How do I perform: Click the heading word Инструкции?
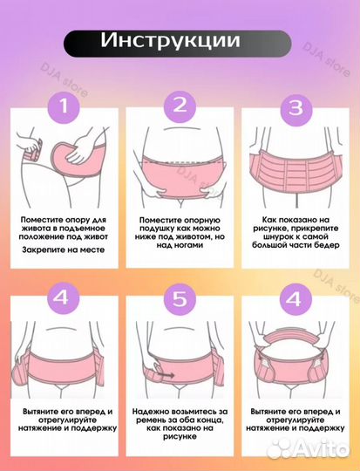pyautogui.click(x=170, y=40)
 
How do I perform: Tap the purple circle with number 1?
pyautogui.click(x=64, y=106)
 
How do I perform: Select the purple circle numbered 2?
pyautogui.click(x=180, y=106)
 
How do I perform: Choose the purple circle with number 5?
pyautogui.click(x=180, y=299)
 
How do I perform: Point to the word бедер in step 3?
pyautogui.click(x=328, y=245)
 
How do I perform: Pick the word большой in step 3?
pyautogui.click(x=269, y=245)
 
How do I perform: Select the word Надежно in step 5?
pyautogui.click(x=151, y=412)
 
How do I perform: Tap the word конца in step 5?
pyautogui.click(x=210, y=420)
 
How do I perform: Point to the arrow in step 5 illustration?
pyautogui.click(x=166, y=375)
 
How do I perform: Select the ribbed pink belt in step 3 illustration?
pyautogui.click(x=295, y=169)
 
